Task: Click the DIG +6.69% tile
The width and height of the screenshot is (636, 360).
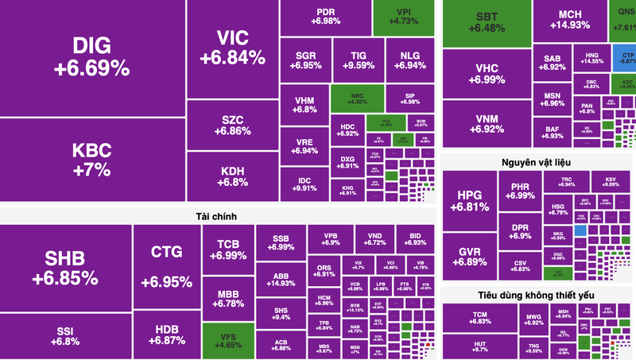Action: (x=91, y=57)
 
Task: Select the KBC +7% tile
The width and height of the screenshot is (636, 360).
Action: (x=91, y=159)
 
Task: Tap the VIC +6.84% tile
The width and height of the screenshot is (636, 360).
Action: (x=231, y=48)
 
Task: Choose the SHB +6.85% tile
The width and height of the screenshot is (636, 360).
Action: (x=65, y=269)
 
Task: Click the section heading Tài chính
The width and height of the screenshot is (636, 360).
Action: (x=216, y=216)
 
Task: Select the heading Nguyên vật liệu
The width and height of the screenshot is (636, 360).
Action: (x=536, y=163)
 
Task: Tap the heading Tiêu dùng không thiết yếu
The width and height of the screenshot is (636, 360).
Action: (x=536, y=295)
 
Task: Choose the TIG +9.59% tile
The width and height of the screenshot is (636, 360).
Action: (x=358, y=60)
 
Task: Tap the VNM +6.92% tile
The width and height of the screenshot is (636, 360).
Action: (x=487, y=123)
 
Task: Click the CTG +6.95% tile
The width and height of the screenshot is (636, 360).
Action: (x=166, y=266)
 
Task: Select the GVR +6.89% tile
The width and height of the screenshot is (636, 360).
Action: (x=468, y=256)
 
